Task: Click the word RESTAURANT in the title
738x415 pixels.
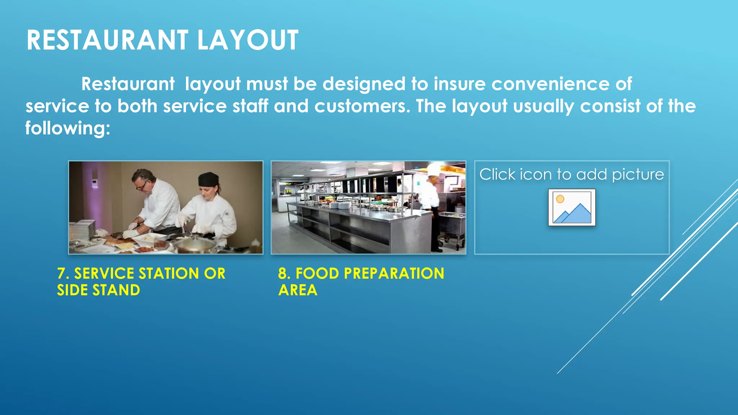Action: (107, 40)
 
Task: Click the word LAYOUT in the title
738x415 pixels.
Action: (248, 40)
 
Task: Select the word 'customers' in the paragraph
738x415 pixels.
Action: (361, 107)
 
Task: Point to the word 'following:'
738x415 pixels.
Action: (68, 129)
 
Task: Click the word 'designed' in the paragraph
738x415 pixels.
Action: (364, 84)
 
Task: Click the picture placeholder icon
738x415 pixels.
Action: (572, 207)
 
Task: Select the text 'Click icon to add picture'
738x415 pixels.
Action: (572, 175)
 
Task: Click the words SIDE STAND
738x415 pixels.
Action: (98, 290)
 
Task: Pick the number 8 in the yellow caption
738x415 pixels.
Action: (283, 274)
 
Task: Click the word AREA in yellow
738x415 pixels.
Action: (298, 290)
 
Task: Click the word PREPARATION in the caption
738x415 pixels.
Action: (394, 274)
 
